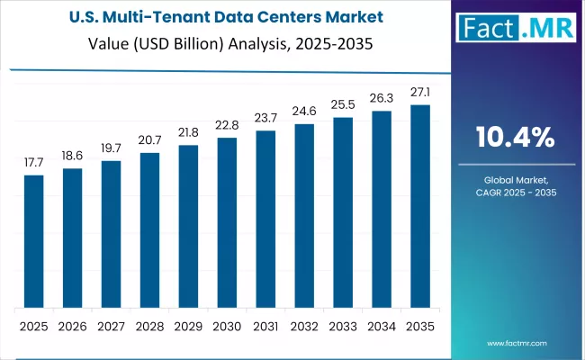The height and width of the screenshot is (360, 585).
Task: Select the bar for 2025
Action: point(33,241)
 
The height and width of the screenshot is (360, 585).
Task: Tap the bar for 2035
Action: point(420,206)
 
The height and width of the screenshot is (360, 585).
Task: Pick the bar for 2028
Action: point(149,230)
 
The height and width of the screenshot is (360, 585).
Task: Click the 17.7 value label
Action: point(33,162)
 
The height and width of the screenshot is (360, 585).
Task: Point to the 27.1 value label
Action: point(420,92)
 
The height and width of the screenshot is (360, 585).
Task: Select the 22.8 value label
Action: point(227,124)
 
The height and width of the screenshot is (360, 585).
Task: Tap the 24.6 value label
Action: point(304,111)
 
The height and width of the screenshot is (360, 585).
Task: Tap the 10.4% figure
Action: point(517,138)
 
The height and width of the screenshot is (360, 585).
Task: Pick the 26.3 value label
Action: point(382,98)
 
